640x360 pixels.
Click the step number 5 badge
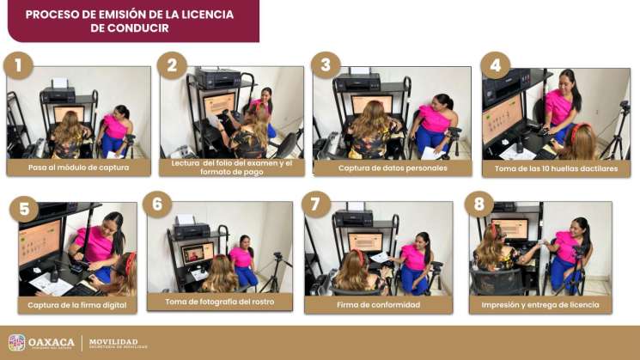(x=23, y=207)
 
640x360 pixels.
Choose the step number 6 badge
(x=156, y=204)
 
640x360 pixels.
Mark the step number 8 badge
(x=478, y=204)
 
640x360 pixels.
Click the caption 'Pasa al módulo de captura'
(x=78, y=168)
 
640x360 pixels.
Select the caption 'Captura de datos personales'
(x=393, y=168)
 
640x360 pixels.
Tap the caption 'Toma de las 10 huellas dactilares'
(x=556, y=168)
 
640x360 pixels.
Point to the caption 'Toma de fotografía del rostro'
(x=219, y=302)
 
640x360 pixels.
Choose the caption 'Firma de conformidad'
(x=379, y=304)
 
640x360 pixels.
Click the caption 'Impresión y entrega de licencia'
(x=540, y=304)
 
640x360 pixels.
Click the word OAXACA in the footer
(x=51, y=343)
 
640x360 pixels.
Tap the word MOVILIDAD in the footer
(x=113, y=341)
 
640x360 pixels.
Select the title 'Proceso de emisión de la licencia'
(x=129, y=15)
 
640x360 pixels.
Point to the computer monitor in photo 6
(x=196, y=253)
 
